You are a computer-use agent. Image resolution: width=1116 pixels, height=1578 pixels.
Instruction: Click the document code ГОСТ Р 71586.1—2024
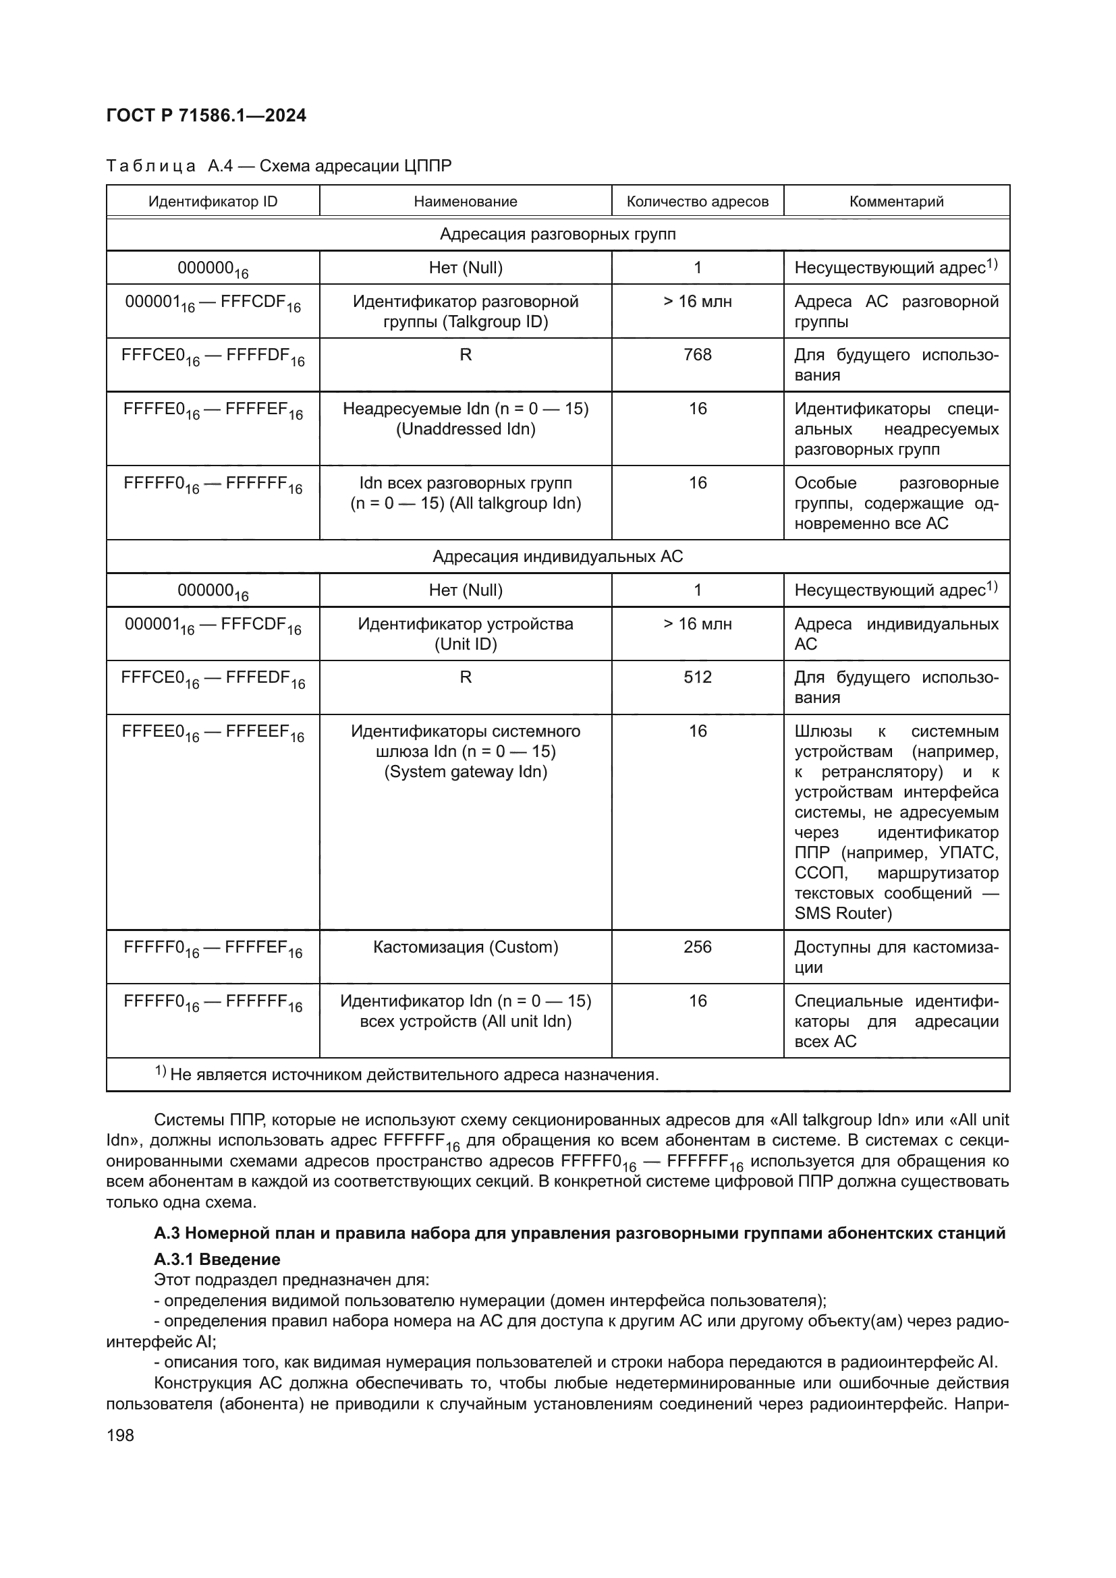(206, 115)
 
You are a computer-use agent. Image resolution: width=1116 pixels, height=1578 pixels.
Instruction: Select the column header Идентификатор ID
(213, 201)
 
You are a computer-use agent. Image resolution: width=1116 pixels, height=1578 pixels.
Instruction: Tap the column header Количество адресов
(697, 201)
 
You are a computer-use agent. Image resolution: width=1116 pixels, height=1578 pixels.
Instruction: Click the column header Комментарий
(896, 201)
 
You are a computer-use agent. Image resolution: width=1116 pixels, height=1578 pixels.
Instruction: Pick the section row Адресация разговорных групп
(557, 234)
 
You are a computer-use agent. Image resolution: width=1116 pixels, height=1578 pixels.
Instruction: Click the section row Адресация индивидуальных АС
(557, 556)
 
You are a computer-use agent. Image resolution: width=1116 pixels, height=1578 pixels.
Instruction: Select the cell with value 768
(697, 355)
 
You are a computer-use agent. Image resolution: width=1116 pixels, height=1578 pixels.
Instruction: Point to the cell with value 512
(697, 677)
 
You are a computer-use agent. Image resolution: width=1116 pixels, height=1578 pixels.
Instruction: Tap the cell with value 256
(697, 947)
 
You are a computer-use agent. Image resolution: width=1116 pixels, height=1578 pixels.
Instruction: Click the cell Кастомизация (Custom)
(466, 947)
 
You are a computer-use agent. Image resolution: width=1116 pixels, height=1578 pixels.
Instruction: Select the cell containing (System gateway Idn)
(466, 772)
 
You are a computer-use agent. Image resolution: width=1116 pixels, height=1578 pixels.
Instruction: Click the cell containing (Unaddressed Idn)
(466, 429)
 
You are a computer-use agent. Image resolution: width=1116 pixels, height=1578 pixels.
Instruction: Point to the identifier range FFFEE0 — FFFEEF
(213, 733)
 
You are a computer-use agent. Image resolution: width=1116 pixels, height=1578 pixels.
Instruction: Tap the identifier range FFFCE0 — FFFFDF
(213, 356)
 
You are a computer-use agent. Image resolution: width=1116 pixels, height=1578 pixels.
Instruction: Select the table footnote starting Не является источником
(412, 1074)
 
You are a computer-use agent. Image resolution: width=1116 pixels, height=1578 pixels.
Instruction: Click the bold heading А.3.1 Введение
(217, 1259)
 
